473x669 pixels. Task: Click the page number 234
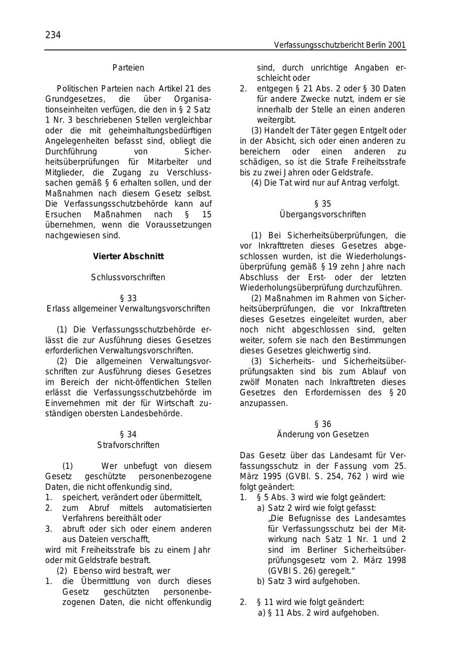pyautogui.click(x=53, y=35)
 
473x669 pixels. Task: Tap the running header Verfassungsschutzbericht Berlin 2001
pyautogui.click(x=340, y=45)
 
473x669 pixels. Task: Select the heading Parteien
pyautogui.click(x=128, y=68)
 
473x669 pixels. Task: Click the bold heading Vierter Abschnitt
pyautogui.click(x=128, y=256)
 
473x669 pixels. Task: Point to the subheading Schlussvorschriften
pyautogui.click(x=128, y=277)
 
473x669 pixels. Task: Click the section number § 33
pyautogui.click(x=128, y=298)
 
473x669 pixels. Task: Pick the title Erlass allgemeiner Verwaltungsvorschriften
pyautogui.click(x=128, y=308)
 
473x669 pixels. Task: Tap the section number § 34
pyautogui.click(x=128, y=435)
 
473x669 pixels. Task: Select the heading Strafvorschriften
pyautogui.click(x=128, y=445)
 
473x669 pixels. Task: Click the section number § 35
pyautogui.click(x=323, y=204)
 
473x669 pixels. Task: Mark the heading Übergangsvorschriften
pyautogui.click(x=323, y=214)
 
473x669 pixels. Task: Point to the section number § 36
pyautogui.click(x=323, y=424)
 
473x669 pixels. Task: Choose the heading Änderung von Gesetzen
pyautogui.click(x=323, y=435)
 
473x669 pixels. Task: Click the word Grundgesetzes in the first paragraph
pyautogui.click(x=69, y=99)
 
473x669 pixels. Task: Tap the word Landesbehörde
pyautogui.click(x=156, y=414)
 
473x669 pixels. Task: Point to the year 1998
pyautogui.click(x=395, y=560)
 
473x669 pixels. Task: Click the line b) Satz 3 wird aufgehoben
pyautogui.click(x=309, y=581)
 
